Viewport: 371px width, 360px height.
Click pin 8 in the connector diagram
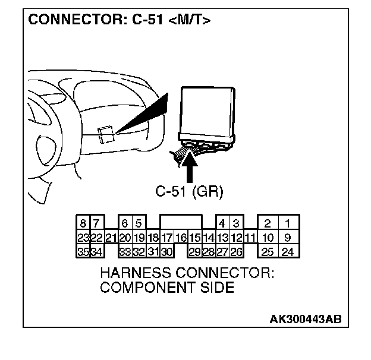(83, 224)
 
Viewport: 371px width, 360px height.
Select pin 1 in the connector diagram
(288, 224)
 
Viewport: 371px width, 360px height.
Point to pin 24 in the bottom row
(288, 252)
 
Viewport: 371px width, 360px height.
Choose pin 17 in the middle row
(166, 238)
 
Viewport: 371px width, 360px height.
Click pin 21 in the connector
(111, 238)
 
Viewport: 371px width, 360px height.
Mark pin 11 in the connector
(250, 238)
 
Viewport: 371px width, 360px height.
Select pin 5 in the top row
(138, 224)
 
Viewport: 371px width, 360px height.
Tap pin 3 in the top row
(236, 224)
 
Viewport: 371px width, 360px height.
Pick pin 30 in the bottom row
(166, 252)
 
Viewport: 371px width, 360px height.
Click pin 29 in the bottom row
(194, 252)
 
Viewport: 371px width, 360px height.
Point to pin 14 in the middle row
(208, 238)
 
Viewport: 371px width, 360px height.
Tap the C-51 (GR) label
(189, 191)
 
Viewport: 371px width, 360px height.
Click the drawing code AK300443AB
(306, 319)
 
